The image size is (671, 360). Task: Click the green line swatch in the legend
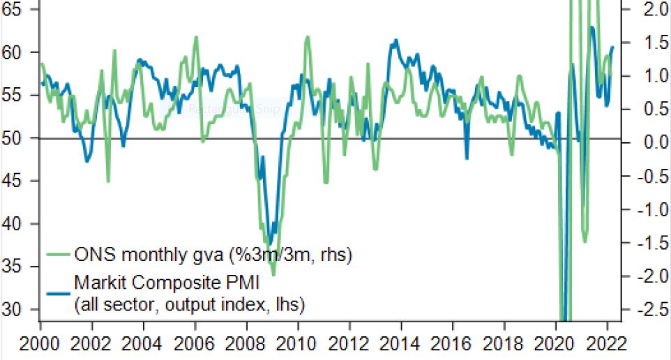coord(58,255)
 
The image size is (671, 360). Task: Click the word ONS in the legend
coord(90,255)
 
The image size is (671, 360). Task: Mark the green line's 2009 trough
coord(273,274)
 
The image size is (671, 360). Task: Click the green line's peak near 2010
coord(308,37)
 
